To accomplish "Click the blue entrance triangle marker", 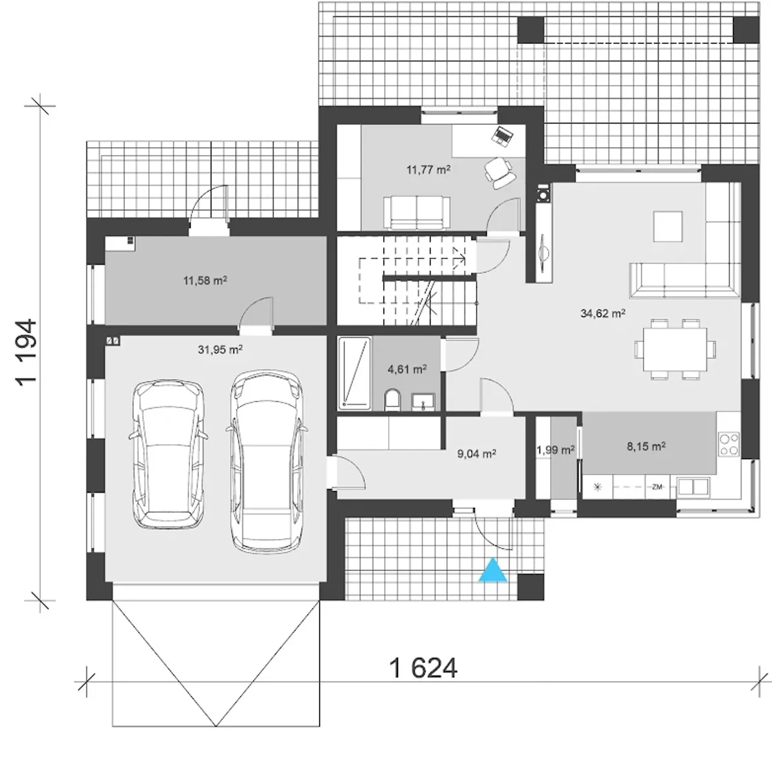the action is coord(493,571).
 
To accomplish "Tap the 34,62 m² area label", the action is coord(603,314).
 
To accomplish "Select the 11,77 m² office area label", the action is coord(428,170).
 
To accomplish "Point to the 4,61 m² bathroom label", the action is coord(407,369).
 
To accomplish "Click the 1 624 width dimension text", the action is coord(423,668).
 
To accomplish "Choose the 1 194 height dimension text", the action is coord(27,353).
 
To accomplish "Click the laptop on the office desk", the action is coord(502,135).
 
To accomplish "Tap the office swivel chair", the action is coord(499,172).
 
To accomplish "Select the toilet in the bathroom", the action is coord(393,400).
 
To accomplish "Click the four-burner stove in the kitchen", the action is coord(729,444).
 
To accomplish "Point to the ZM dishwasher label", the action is coord(657,487).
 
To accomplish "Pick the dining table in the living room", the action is coord(675,349).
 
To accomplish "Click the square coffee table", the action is coord(668,227).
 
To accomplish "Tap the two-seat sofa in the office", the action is coord(417,213).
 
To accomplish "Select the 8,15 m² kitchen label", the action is coord(646,446).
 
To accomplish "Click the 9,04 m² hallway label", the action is coord(476,453).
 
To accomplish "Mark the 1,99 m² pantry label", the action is coord(555,450).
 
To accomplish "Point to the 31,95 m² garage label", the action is coord(220,350).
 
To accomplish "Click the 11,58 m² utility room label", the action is coord(205,280).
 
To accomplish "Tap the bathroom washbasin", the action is coord(423,402).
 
